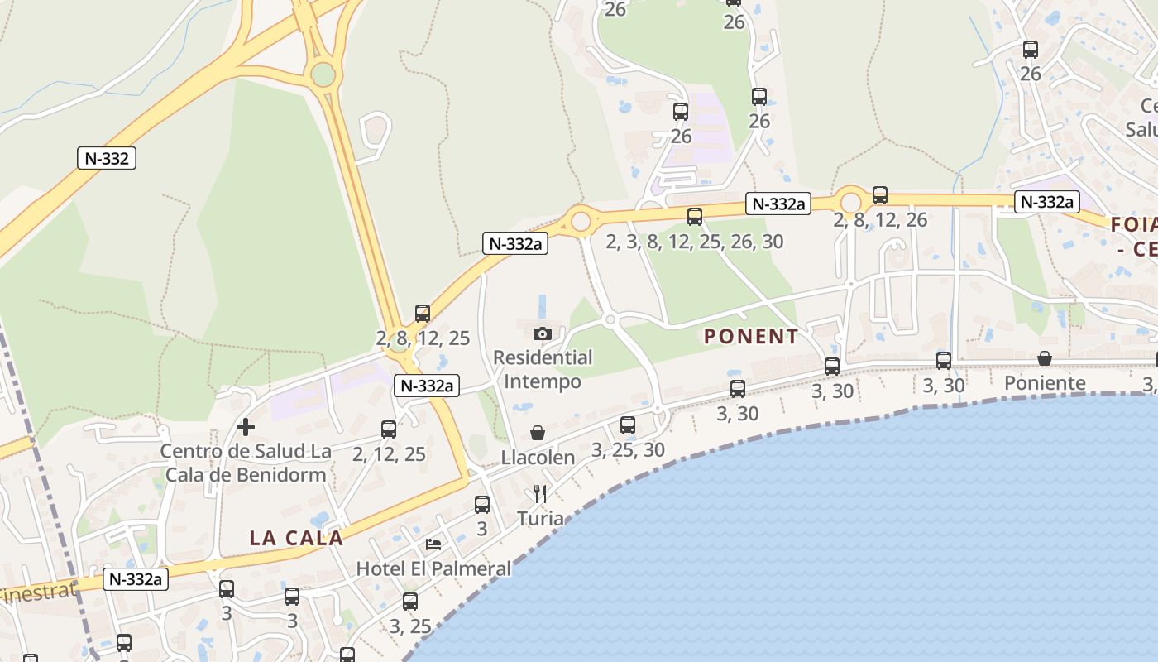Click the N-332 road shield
pyautogui.click(x=107, y=158)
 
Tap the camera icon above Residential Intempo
pyautogui.click(x=543, y=333)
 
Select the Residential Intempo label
pyautogui.click(x=543, y=370)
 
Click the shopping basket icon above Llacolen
pyautogui.click(x=538, y=433)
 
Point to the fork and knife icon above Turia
pyautogui.click(x=540, y=494)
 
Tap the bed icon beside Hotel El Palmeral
pyautogui.click(x=433, y=544)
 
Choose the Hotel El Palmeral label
pyautogui.click(x=433, y=568)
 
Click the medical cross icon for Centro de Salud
pyautogui.click(x=246, y=427)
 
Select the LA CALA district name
pyautogui.click(x=296, y=538)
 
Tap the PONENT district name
pyautogui.click(x=751, y=337)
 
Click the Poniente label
pyautogui.click(x=1045, y=383)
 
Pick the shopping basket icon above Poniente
pyautogui.click(x=1045, y=358)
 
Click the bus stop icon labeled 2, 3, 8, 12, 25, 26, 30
pyautogui.click(x=695, y=217)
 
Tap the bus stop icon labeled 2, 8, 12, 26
pyautogui.click(x=880, y=195)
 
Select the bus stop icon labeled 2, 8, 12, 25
pyautogui.click(x=423, y=314)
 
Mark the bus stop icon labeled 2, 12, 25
pyautogui.click(x=389, y=429)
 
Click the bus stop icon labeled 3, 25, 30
pyautogui.click(x=628, y=425)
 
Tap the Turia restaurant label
pyautogui.click(x=540, y=519)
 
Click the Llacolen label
pyautogui.click(x=538, y=458)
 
